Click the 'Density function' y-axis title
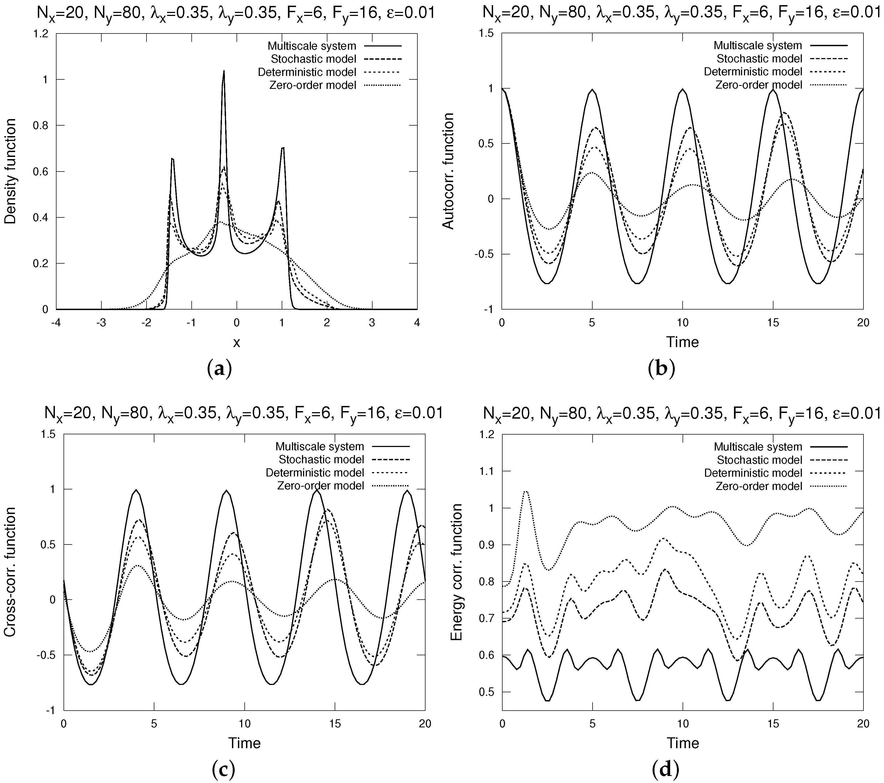[x=10, y=171]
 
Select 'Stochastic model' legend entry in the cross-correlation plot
[x=344, y=459]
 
